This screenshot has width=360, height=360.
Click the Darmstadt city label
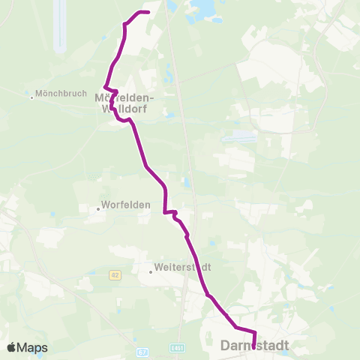[x=256, y=346]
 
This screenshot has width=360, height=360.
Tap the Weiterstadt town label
[x=182, y=267]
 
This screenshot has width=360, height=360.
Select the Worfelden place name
[x=127, y=204]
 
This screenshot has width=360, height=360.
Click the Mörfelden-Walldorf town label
[x=124, y=103]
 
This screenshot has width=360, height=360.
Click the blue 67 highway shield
[x=144, y=351]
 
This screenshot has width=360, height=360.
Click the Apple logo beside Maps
[x=12, y=347]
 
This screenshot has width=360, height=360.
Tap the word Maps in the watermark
[x=32, y=347]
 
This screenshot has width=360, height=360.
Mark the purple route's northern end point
[x=148, y=12]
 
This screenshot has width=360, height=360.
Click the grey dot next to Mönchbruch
[x=31, y=97]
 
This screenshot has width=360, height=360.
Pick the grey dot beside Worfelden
[x=99, y=209]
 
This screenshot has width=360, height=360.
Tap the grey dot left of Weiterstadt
[x=151, y=271]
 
